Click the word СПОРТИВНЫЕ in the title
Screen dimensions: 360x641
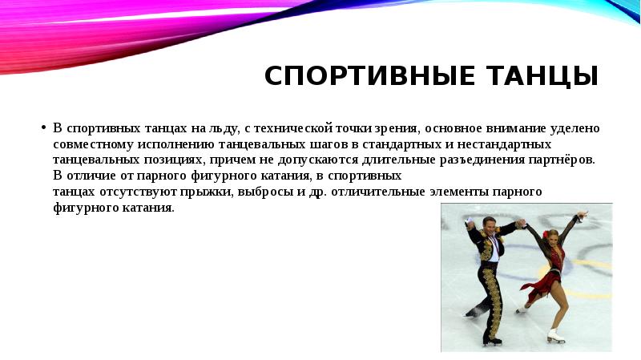click(x=361, y=76)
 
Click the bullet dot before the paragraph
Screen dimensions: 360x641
click(x=42, y=128)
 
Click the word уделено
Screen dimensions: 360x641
click(x=575, y=128)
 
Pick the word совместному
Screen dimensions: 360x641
click(x=92, y=144)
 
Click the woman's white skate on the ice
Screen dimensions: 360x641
click(x=554, y=336)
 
